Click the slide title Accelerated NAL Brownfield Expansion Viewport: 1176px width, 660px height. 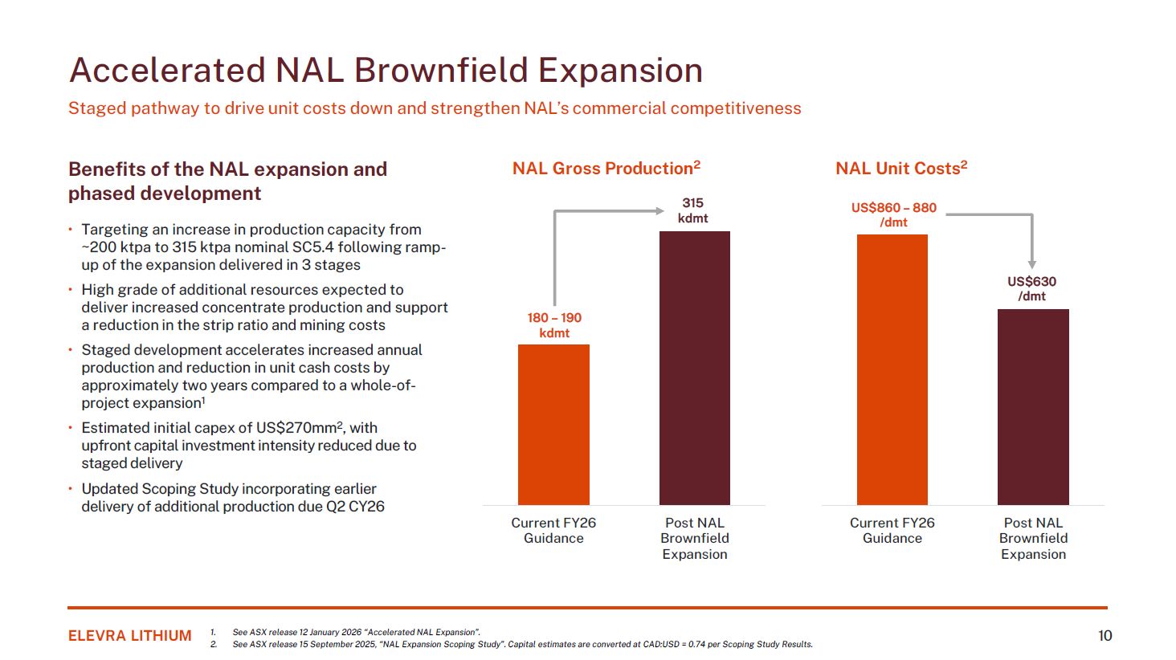pos(386,71)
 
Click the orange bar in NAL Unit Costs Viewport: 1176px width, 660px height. pos(892,369)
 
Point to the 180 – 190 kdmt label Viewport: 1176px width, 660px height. pos(554,325)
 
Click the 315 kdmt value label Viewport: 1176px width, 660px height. pos(692,210)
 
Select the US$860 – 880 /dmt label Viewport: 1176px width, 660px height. pos(893,214)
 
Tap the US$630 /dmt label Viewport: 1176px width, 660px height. pos(1032,288)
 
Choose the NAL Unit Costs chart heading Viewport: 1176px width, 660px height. pos(900,169)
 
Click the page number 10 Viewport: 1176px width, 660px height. pos(1105,636)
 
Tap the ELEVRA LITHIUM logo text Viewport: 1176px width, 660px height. pos(130,636)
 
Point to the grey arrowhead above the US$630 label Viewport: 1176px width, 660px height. pos(1032,264)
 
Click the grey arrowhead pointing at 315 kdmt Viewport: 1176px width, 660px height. pos(659,211)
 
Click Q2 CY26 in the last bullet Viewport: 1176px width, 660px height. pos(355,507)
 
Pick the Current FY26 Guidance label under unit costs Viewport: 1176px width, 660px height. pos(892,530)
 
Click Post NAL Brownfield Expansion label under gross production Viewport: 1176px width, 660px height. pos(694,538)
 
